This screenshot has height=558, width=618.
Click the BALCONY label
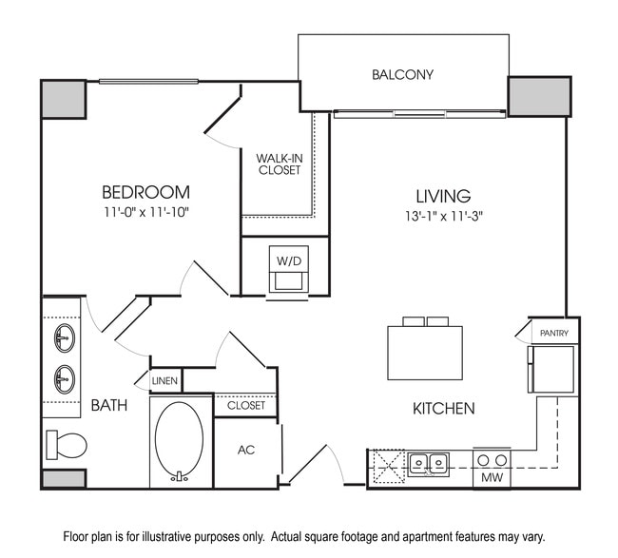click(403, 74)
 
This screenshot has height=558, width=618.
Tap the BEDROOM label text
click(146, 192)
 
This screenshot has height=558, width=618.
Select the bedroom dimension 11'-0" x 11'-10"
click(146, 212)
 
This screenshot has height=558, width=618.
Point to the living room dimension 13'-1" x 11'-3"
click(443, 216)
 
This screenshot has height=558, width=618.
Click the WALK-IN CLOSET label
click(279, 164)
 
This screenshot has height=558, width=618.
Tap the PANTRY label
click(552, 333)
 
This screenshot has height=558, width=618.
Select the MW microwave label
click(492, 476)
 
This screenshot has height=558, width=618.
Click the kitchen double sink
click(429, 464)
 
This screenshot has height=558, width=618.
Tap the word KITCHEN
click(443, 409)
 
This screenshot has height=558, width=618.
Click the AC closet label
click(246, 449)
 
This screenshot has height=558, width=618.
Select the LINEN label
click(164, 381)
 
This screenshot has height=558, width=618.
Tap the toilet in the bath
click(66, 444)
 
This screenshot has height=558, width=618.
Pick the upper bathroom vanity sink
click(65, 337)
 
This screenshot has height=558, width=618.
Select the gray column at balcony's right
click(539, 96)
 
